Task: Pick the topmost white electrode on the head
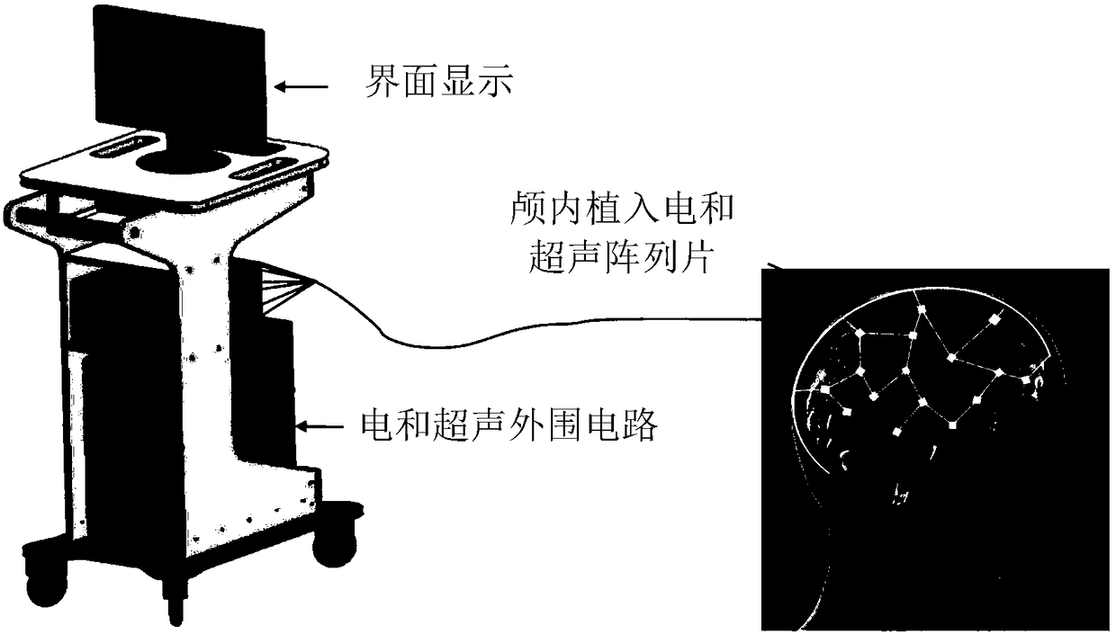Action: (922, 311)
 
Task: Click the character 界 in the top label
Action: (378, 85)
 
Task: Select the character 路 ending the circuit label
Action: (638, 424)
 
